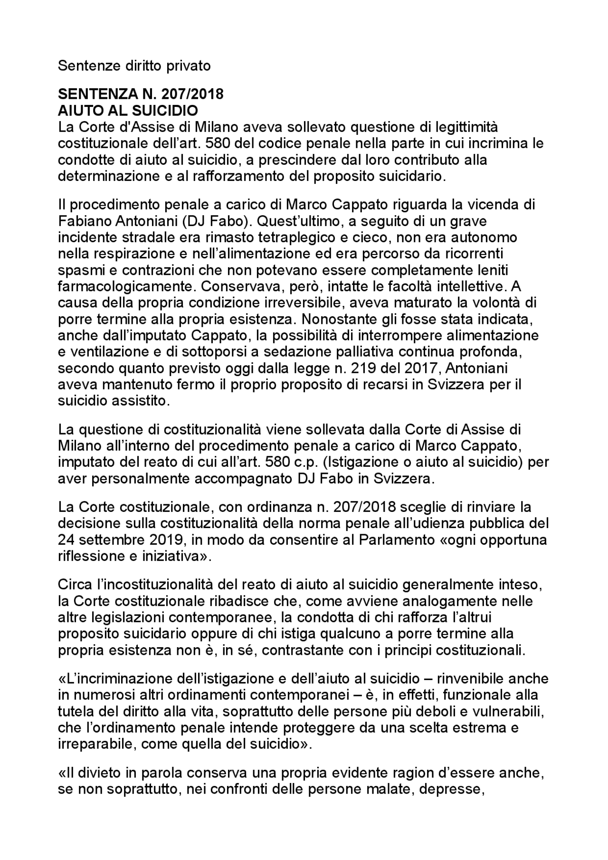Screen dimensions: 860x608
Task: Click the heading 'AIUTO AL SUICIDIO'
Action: [x=128, y=111]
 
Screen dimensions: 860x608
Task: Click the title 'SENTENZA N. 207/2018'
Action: [x=141, y=94]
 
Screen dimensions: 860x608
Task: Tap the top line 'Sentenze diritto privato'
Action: [x=134, y=66]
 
